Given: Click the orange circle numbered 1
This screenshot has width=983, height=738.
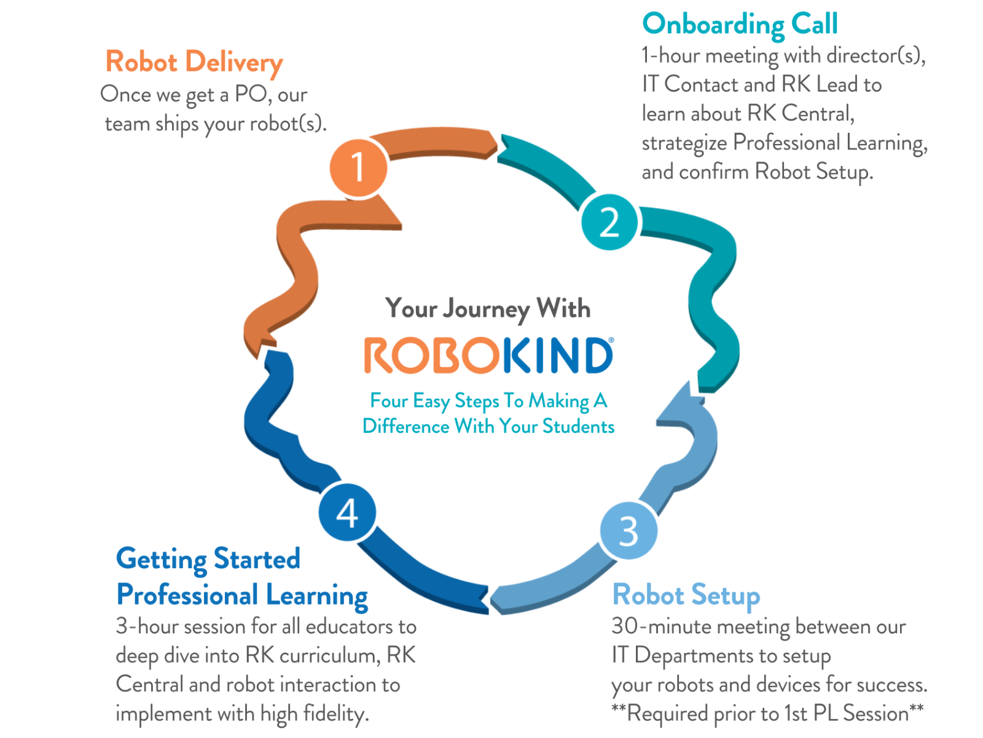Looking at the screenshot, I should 358,167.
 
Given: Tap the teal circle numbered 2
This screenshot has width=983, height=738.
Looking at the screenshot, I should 609,222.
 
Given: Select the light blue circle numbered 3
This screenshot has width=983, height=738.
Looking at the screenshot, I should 629,530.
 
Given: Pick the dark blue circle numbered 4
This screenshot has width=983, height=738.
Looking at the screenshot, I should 347,512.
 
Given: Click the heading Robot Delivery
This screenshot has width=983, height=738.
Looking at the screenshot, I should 194,62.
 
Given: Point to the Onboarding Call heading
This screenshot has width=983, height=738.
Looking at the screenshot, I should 740,25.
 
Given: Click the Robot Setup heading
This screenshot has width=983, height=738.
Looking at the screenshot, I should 686,595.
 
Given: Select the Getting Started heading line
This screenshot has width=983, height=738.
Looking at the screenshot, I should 208,559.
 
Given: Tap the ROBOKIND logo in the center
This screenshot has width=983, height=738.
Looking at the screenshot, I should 488,355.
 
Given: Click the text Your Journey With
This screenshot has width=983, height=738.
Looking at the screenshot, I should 488,308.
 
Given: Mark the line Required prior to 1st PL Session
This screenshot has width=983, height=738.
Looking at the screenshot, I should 767,713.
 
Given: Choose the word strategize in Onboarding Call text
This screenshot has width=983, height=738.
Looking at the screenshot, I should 684,143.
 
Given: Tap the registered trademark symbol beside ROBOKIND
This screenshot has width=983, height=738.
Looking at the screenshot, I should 611,339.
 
